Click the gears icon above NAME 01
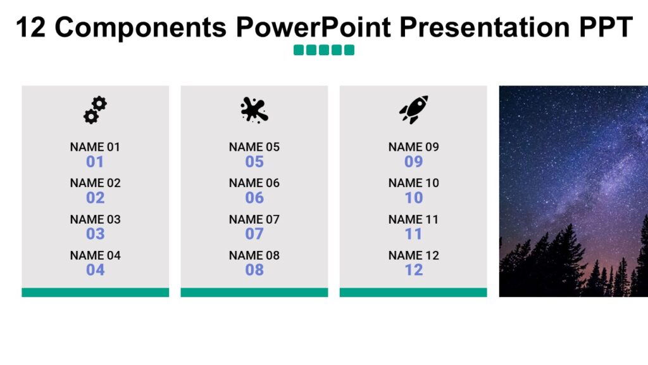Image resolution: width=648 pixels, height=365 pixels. (95, 110)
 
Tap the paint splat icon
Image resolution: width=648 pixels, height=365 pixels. (254, 110)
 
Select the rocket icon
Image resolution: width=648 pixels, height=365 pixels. (413, 110)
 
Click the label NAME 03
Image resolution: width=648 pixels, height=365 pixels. (95, 219)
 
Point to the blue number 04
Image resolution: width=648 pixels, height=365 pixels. (95, 270)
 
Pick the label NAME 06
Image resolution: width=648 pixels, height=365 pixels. (254, 183)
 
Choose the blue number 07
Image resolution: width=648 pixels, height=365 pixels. (254, 234)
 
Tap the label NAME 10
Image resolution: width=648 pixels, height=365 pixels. (413, 183)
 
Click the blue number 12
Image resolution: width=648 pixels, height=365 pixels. (413, 270)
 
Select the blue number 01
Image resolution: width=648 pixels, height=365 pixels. (95, 162)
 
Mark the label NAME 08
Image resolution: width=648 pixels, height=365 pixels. (254, 255)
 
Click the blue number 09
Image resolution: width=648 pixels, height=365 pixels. (413, 162)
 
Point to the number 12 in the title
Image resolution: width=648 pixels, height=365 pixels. (30, 27)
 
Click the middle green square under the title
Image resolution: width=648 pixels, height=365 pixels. (324, 50)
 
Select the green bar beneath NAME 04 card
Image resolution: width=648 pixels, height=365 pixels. (95, 292)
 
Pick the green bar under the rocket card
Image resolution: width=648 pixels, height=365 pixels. (413, 292)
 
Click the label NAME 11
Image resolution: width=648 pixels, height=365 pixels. (413, 219)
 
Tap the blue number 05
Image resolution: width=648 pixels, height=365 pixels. (254, 162)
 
